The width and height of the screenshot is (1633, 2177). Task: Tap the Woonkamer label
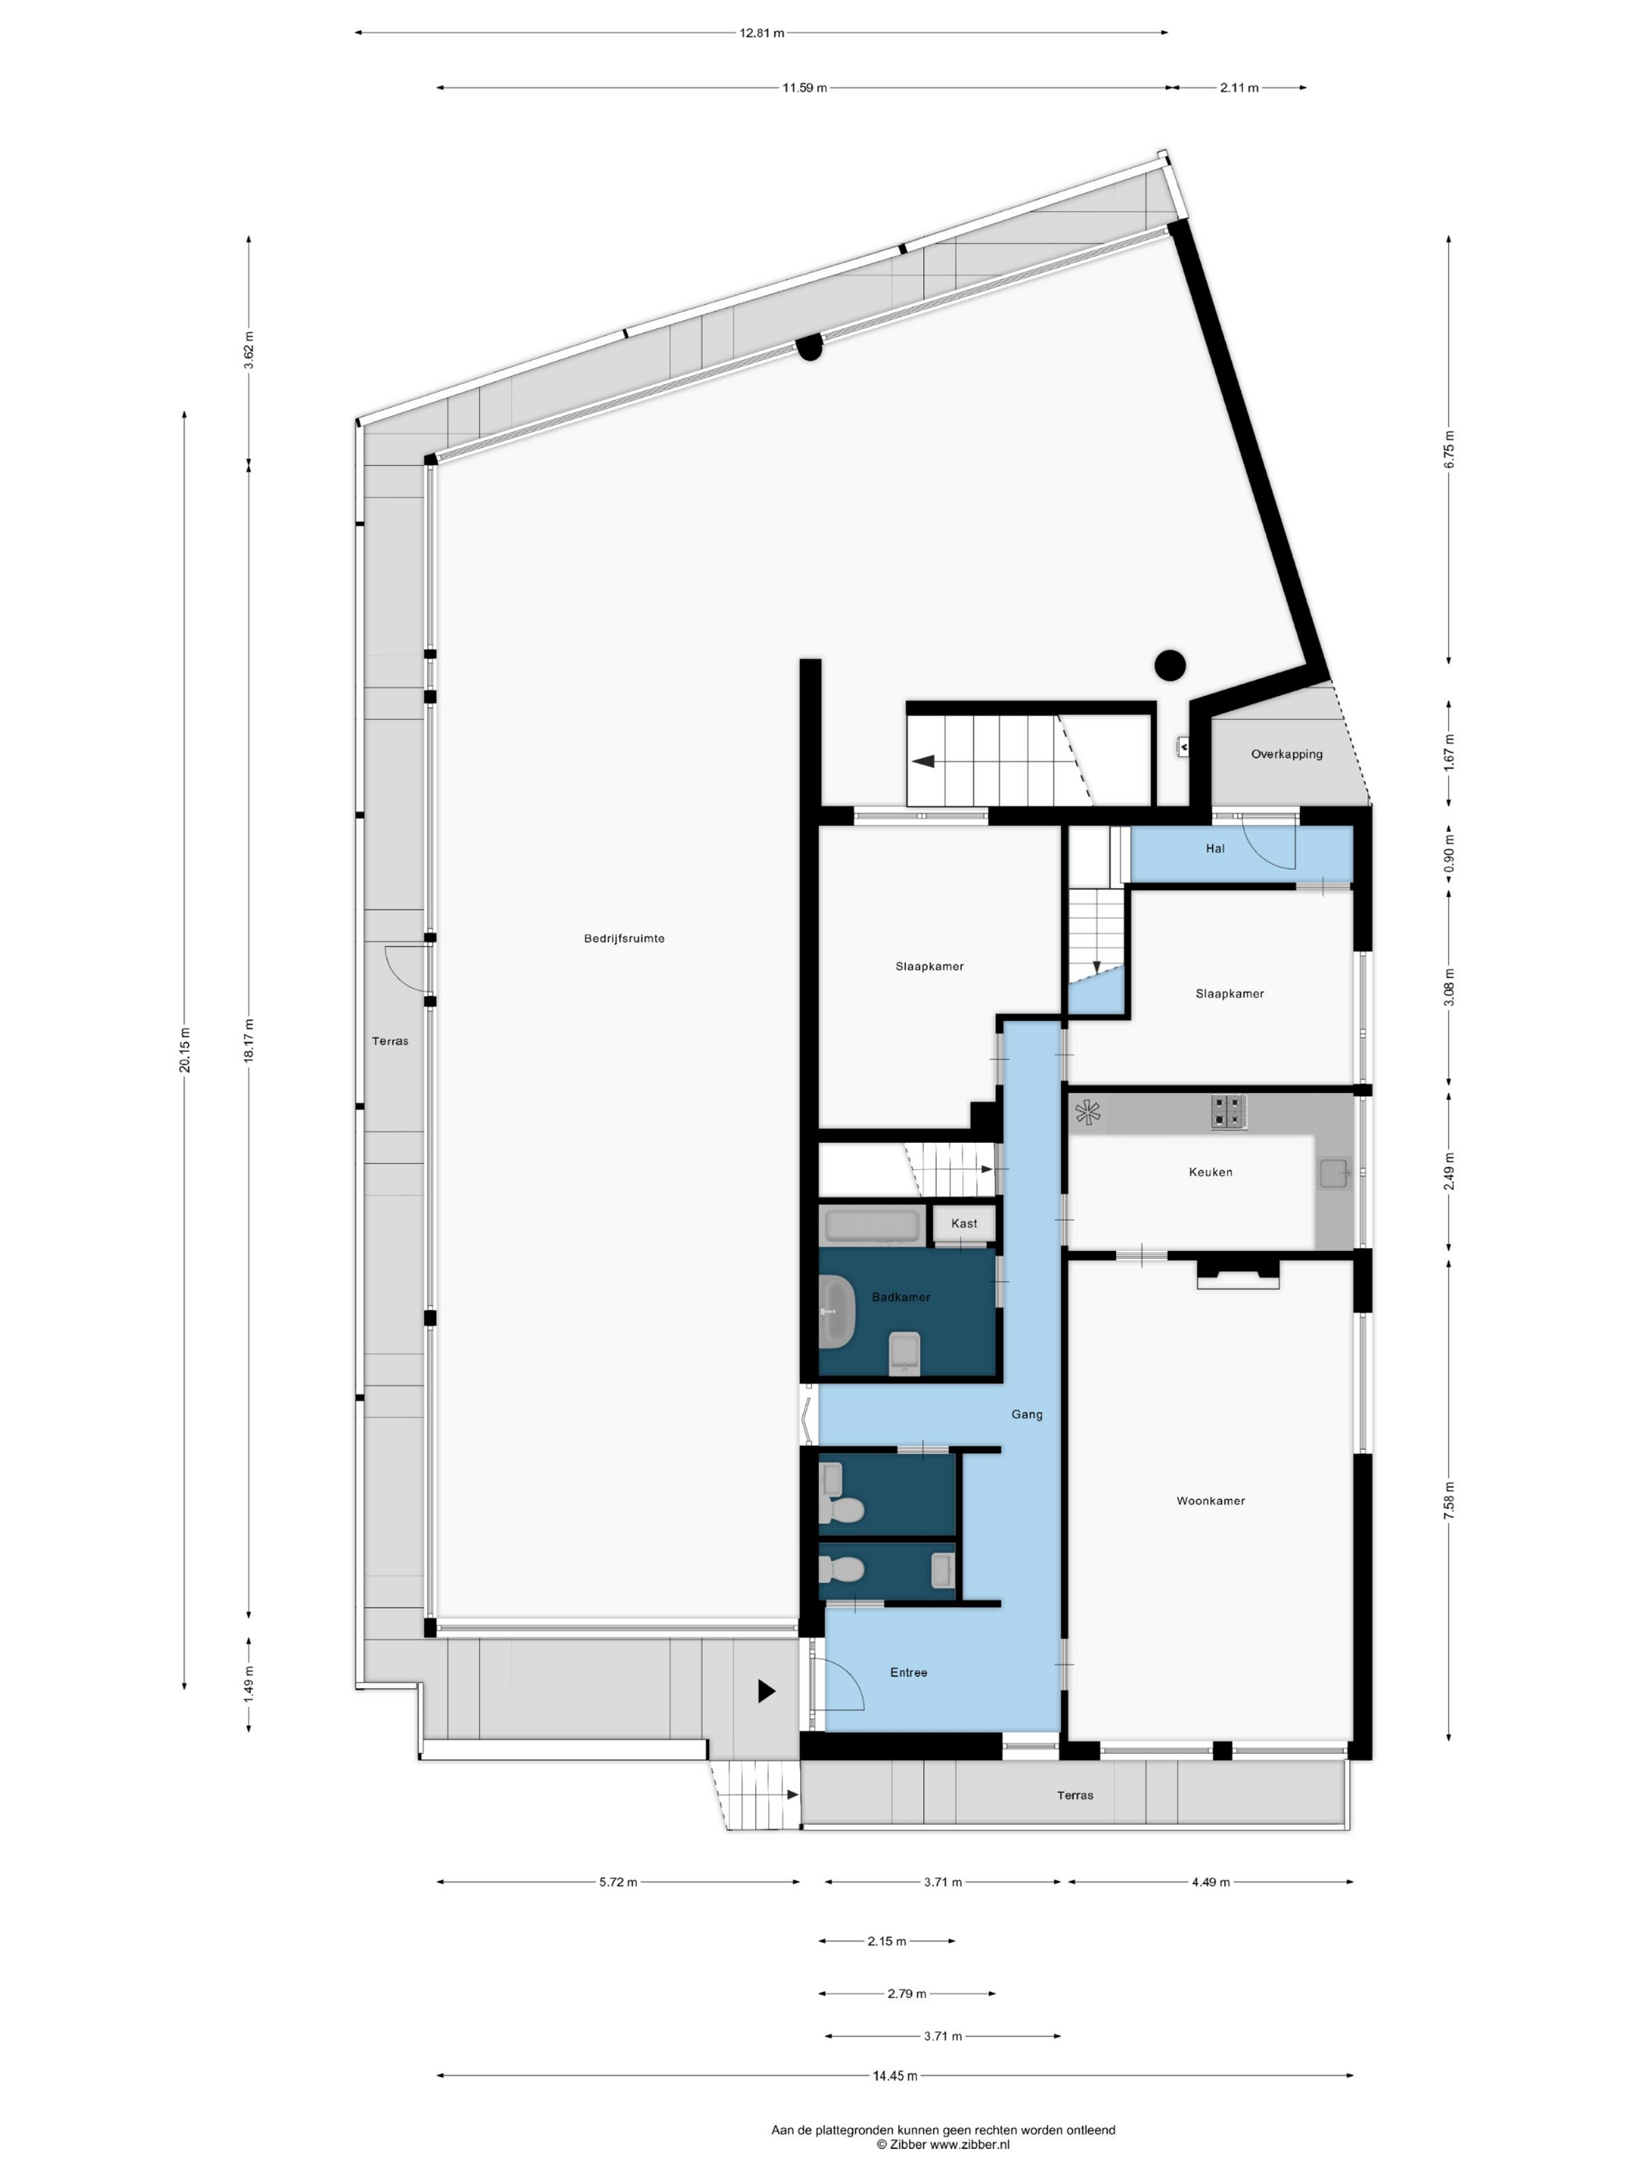(x=1211, y=1501)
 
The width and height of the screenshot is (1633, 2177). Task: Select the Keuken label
(x=1211, y=1172)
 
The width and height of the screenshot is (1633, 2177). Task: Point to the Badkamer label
(x=900, y=1297)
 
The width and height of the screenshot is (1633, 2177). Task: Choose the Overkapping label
(x=1286, y=755)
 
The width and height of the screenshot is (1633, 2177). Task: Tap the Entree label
(x=908, y=1672)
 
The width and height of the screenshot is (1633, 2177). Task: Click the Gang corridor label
(x=1026, y=1414)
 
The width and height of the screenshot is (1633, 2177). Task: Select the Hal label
(x=1215, y=848)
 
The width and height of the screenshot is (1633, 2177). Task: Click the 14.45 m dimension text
(x=895, y=2076)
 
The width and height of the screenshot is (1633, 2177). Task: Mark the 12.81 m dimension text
(x=762, y=33)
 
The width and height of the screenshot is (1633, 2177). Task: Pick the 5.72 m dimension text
(x=618, y=1882)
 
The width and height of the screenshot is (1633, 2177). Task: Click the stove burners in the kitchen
(x=1229, y=1112)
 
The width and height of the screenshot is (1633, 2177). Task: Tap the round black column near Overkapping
(x=1170, y=666)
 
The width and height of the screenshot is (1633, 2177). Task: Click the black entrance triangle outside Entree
(x=767, y=1691)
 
